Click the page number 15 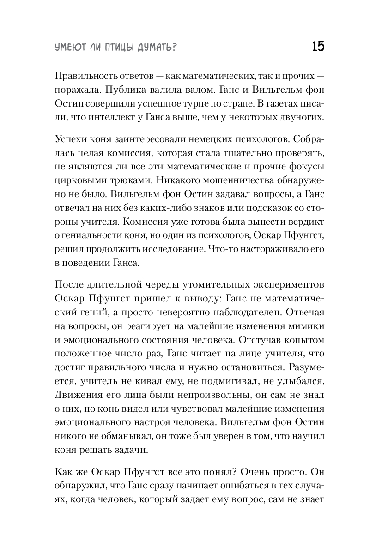pos(318,47)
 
